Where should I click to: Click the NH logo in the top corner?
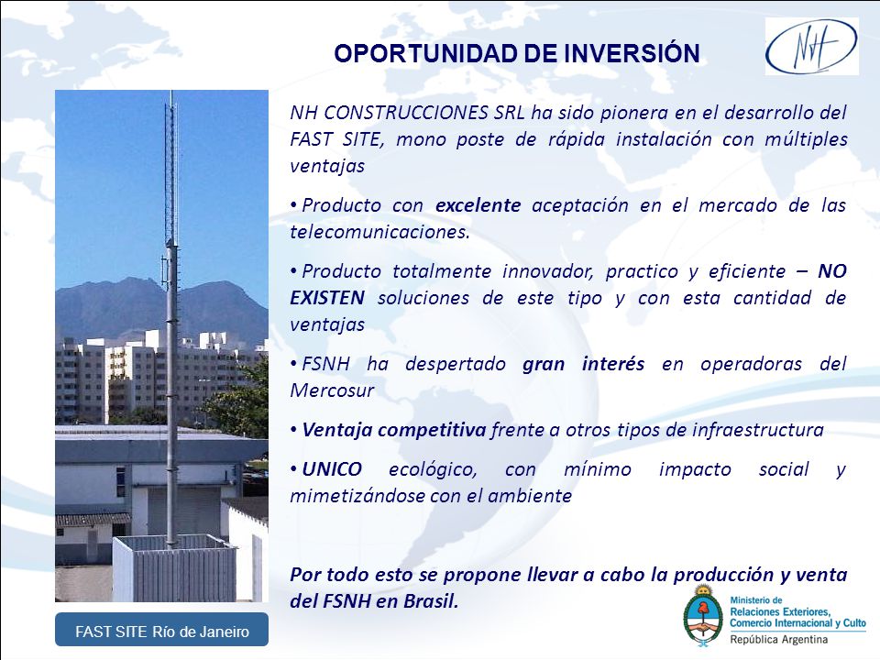pos(811,46)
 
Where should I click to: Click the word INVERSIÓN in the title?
pos(632,54)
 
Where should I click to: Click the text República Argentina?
pos(778,639)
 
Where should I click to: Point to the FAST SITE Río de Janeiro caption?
pos(162,632)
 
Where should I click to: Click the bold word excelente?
pos(478,205)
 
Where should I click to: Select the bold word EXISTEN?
pos(327,297)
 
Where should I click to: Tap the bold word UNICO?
pos(332,469)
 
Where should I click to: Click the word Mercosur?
pos(332,390)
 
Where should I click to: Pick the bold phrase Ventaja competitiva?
pos(393,431)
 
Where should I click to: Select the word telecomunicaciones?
pos(379,232)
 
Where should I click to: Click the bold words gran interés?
pos(584,365)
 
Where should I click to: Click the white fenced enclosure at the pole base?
pos(174,568)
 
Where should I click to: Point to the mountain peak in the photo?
pos(134,280)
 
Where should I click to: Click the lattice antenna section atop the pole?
pos(170,169)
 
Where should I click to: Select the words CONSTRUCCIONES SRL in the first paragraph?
pos(423,113)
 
